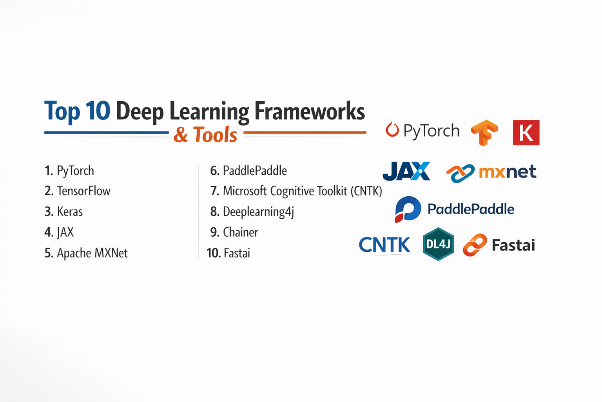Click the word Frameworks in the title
click(309, 111)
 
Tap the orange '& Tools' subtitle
click(205, 134)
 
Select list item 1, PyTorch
click(69, 171)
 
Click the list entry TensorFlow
click(77, 191)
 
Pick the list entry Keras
click(64, 211)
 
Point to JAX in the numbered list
click(59, 232)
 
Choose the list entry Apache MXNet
click(86, 253)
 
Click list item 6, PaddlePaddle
click(248, 171)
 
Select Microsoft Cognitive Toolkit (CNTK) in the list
click(296, 191)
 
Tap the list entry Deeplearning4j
click(252, 212)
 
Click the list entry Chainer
click(234, 232)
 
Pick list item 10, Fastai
click(228, 253)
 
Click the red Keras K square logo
click(526, 133)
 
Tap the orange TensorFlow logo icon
click(484, 133)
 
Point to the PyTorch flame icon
click(392, 130)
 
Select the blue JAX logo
click(406, 171)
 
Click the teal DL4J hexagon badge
click(438, 244)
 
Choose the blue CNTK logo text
click(384, 245)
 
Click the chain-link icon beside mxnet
click(461, 173)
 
